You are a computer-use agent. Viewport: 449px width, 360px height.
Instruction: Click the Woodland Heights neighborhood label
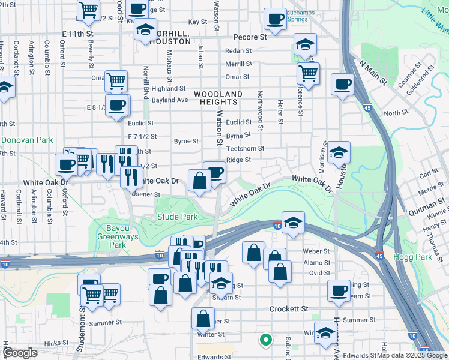pos(218,98)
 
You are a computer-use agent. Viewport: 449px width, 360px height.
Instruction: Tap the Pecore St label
pos(250,37)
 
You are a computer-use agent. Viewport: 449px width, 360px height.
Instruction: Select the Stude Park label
pos(177,217)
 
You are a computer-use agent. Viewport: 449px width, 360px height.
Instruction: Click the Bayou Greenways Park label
pos(120,241)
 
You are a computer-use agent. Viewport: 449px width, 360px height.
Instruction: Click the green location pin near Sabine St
pos(264,340)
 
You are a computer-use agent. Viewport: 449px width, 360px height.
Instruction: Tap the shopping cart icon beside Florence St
pos(308,74)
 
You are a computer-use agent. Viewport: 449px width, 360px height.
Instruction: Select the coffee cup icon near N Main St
pos(342,85)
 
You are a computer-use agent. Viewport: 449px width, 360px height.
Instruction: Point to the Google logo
pos(20,353)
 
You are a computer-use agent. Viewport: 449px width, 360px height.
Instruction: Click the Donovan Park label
pos(19,140)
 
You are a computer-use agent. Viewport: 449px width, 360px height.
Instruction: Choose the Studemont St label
pos(80,328)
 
